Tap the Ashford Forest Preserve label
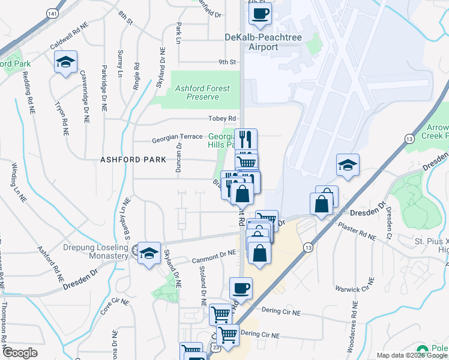[x=202, y=92]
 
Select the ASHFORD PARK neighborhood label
[x=133, y=160]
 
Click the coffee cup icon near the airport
[x=259, y=14]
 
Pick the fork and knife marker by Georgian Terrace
[x=246, y=139]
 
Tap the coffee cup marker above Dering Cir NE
[x=241, y=287]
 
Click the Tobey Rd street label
[x=221, y=118]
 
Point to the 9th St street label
[x=227, y=62]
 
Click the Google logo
[x=20, y=353]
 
